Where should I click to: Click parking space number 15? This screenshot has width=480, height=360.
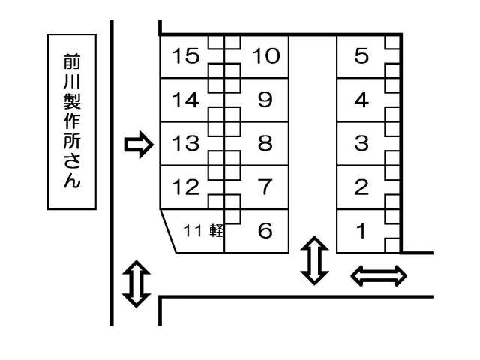pos(186,56)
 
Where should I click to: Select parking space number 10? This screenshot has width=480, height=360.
pos(265,56)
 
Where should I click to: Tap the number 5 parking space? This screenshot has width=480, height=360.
pos(361,56)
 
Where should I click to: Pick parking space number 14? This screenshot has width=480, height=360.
pos(186,100)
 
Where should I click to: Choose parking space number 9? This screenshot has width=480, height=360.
pos(265,100)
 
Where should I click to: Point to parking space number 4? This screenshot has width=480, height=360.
pos(361,100)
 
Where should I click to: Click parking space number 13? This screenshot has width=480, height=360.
pos(186,143)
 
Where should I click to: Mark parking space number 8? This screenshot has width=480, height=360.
pos(265,143)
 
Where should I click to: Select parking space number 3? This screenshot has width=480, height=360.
pos(361,143)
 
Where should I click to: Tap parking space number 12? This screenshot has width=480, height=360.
pos(186,187)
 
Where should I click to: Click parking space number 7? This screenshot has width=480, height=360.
pos(265,187)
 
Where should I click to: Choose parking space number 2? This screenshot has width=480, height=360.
pos(361,187)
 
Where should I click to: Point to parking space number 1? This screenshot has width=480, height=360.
pos(361,230)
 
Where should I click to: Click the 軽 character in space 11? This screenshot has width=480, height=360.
pos(217,231)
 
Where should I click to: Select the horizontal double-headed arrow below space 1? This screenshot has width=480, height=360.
pos(379,277)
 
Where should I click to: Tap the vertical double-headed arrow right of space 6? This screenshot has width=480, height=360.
pos(314,261)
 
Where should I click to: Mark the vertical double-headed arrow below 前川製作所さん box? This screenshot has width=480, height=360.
pos(135,283)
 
